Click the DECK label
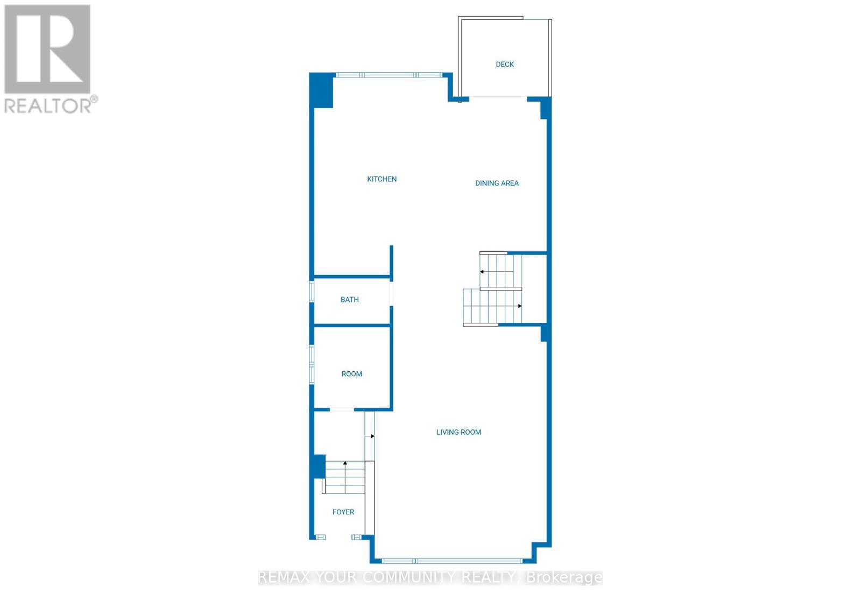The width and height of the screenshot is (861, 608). (x=504, y=65)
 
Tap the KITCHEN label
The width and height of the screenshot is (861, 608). (x=382, y=179)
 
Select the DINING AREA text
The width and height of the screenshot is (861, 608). (x=496, y=183)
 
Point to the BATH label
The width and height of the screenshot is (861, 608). (x=349, y=300)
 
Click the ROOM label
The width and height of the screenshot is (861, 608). (x=351, y=374)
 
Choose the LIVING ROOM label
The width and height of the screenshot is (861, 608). (x=458, y=432)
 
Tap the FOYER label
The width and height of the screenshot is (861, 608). (x=343, y=512)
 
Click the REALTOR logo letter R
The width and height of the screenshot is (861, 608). (x=47, y=50)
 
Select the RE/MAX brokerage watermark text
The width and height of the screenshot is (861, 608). (x=430, y=578)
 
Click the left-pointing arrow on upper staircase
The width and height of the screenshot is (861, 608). (x=483, y=272)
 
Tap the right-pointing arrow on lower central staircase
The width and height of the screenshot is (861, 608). (x=519, y=306)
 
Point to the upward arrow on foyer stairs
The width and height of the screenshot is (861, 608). (x=345, y=463)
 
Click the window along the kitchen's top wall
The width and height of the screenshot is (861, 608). (x=389, y=75)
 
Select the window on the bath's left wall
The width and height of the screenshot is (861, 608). (x=311, y=291)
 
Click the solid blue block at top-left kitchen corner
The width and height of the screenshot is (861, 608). (x=322, y=90)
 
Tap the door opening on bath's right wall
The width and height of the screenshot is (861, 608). (x=392, y=294)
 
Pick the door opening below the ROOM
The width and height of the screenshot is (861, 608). (x=342, y=410)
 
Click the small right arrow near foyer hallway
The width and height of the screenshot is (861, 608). (x=372, y=436)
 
